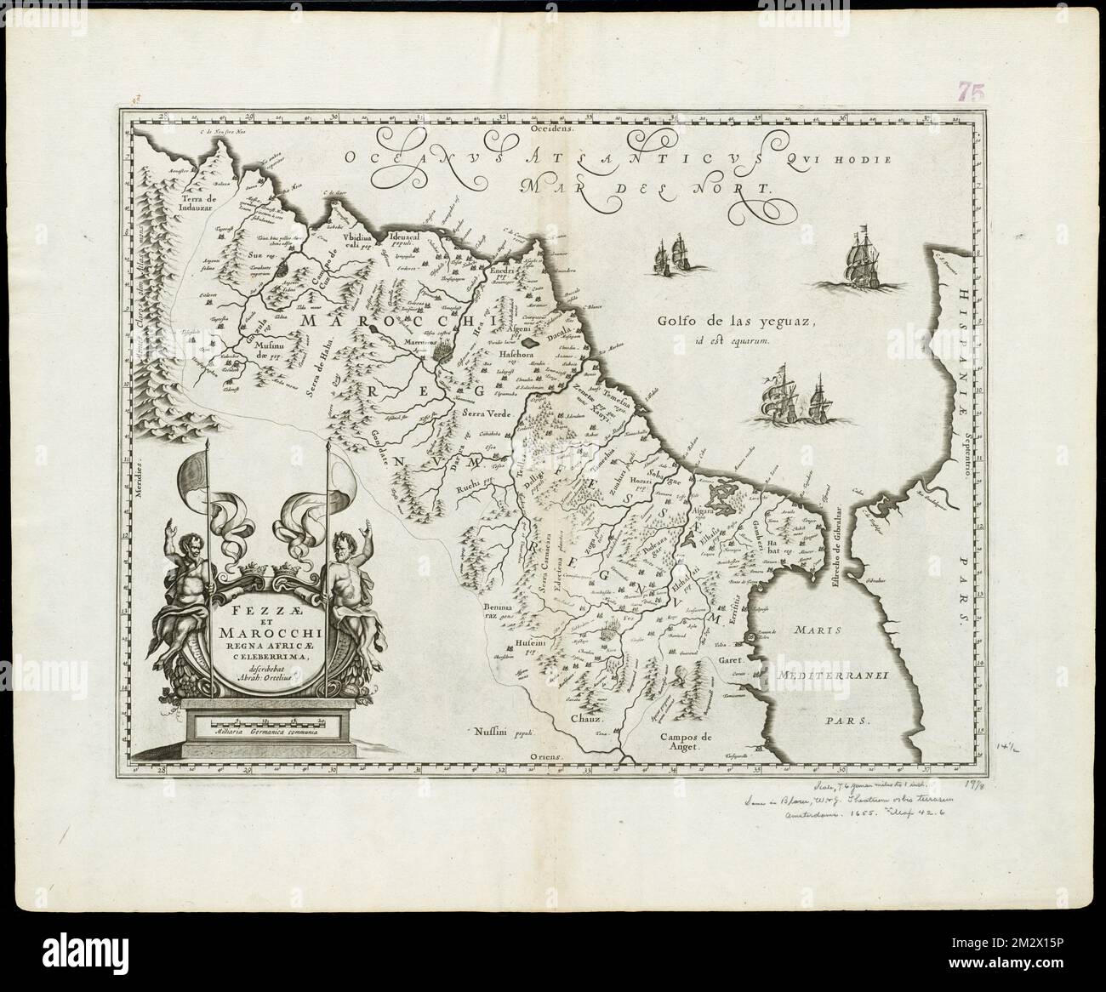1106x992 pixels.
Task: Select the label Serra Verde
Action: (486, 411)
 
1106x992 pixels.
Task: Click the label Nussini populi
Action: (499, 731)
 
